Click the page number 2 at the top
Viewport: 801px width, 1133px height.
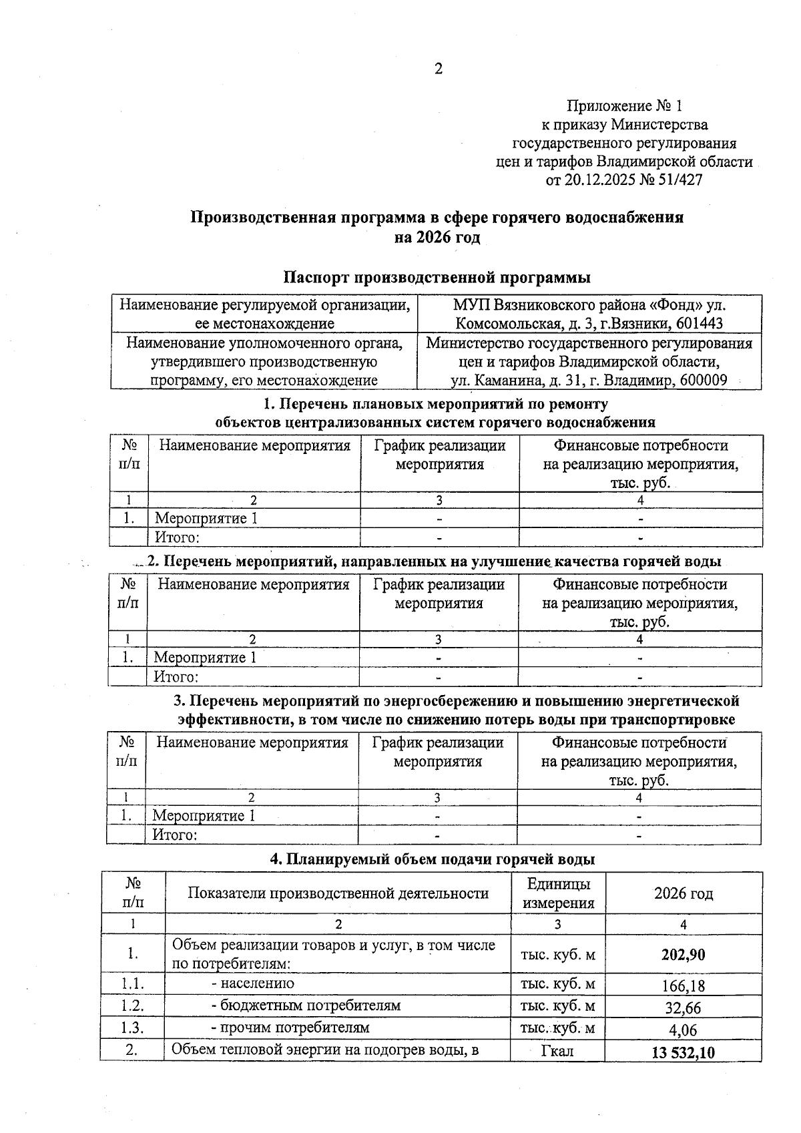point(439,69)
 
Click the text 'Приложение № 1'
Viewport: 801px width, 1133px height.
point(625,105)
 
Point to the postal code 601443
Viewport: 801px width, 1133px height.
point(700,324)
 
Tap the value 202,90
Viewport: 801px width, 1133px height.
point(683,955)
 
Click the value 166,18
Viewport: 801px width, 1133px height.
point(683,985)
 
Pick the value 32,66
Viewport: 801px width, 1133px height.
point(683,1007)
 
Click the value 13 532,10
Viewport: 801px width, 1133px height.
point(683,1053)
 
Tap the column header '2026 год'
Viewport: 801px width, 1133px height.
point(683,893)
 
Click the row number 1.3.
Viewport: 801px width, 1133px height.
point(132,1028)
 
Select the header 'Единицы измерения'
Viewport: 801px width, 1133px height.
point(558,893)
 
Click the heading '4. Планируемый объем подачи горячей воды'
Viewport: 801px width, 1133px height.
point(432,859)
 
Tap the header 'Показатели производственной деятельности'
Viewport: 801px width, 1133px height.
point(338,893)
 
